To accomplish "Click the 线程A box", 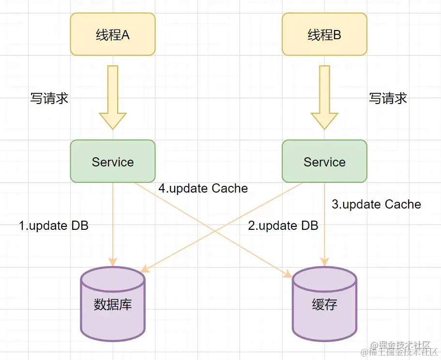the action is coord(112,34).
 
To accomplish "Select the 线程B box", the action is coord(324,34).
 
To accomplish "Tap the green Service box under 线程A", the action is coord(112,161).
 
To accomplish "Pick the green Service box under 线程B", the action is coord(324,161).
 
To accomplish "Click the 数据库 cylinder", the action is coord(112,304).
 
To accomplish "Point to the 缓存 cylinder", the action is coord(324,304).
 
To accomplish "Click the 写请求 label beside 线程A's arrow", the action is coord(49,98).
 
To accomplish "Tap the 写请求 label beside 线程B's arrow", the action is coord(388,98).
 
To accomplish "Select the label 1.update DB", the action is coord(54,225).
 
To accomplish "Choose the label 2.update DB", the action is coord(283,225).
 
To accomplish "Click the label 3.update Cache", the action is coord(376,204).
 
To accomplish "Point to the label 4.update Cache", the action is coord(203,188).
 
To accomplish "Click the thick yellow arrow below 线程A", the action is coord(112,98).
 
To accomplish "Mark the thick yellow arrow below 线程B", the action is coord(324,98).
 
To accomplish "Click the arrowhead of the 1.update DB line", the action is coord(113,262).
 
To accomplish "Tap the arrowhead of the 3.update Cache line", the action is coord(324,262).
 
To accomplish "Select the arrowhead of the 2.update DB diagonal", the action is coord(144,269).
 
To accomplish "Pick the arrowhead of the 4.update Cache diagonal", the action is coord(289,274).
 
